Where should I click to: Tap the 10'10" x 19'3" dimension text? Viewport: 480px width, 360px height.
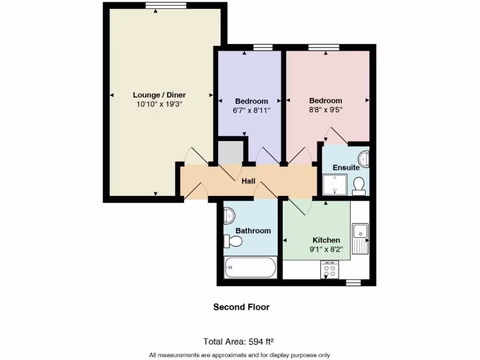pyautogui.click(x=159, y=105)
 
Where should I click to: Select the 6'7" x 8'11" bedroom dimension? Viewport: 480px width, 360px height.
pyautogui.click(x=252, y=111)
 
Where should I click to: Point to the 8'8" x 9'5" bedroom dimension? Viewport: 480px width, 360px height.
pyautogui.click(x=325, y=111)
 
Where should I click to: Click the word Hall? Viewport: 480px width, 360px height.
pyautogui.click(x=248, y=180)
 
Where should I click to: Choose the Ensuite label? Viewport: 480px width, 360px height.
pyautogui.click(x=346, y=167)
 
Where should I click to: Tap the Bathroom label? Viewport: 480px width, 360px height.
pyautogui.click(x=253, y=231)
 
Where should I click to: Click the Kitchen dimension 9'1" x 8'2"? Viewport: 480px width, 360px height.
pyautogui.click(x=326, y=249)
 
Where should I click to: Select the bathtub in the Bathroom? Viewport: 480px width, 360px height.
pyautogui.click(x=250, y=268)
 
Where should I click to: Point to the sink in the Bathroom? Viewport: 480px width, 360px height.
pyautogui.click(x=229, y=216)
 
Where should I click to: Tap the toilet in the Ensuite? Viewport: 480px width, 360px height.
pyautogui.click(x=359, y=186)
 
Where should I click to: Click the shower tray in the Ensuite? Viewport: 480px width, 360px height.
pyautogui.click(x=335, y=184)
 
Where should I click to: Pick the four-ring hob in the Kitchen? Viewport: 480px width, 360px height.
pyautogui.click(x=330, y=270)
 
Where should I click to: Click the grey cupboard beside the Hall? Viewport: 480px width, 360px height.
pyautogui.click(x=230, y=151)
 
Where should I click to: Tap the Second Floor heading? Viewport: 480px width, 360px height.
pyautogui.click(x=241, y=307)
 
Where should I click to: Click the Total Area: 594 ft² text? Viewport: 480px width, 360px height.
pyautogui.click(x=241, y=341)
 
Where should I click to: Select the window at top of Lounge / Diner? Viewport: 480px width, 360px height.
pyautogui.click(x=156, y=6)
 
